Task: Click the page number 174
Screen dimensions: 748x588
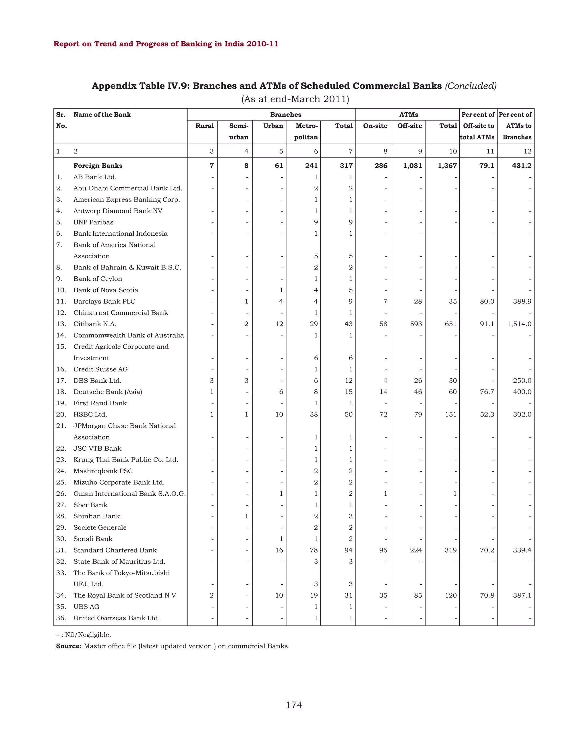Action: point(294,705)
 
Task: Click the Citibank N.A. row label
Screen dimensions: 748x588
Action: point(95,324)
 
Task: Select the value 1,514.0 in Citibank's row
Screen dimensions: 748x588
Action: point(519,324)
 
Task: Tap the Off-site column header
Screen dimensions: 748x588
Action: point(409,126)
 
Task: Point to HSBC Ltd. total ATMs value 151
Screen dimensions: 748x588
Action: point(451,414)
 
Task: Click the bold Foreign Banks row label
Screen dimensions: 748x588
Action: point(98,166)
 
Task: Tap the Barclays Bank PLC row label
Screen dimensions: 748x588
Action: point(104,301)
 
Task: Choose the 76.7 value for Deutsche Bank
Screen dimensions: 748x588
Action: point(487,392)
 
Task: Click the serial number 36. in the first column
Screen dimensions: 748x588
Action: point(61,618)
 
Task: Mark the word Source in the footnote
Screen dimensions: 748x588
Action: point(69,646)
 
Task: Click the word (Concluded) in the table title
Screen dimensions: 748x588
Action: point(471,86)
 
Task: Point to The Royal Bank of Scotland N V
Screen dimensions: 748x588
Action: point(124,595)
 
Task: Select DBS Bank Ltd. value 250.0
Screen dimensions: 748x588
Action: point(522,380)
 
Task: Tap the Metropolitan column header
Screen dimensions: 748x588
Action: point(306,131)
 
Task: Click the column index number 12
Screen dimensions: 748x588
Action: point(527,151)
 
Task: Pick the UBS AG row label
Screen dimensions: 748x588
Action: point(86,606)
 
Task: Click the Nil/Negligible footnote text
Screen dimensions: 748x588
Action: point(88,635)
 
